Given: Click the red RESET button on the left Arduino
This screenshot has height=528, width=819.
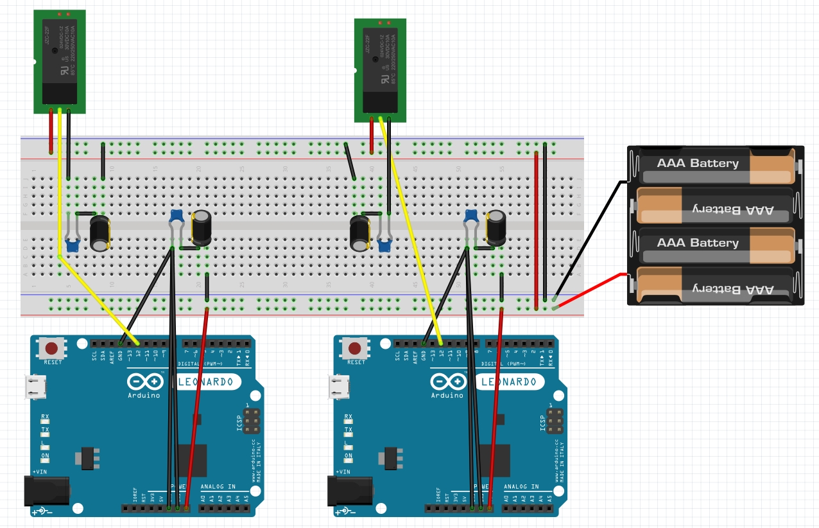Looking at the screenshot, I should point(51,349).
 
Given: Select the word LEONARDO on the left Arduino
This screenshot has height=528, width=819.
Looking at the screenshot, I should point(209,382).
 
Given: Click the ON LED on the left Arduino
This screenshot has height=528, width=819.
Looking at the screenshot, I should point(45,457).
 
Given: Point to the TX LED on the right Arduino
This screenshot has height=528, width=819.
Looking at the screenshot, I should point(348,430).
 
